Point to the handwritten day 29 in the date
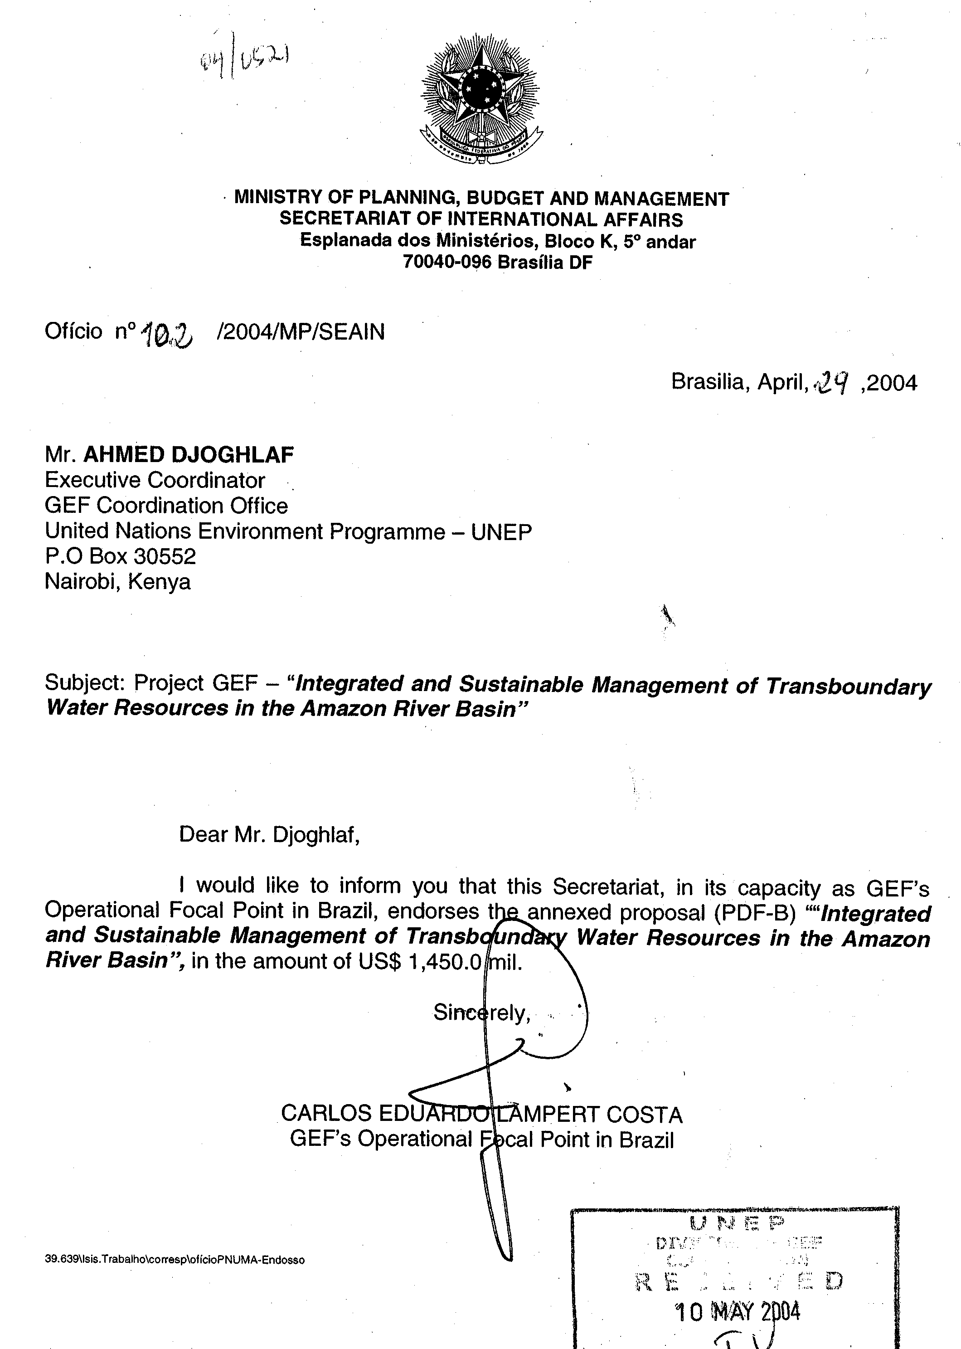[x=833, y=384]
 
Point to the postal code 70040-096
[x=447, y=262]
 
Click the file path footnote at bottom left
[x=175, y=1260]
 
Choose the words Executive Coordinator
[x=155, y=480]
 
